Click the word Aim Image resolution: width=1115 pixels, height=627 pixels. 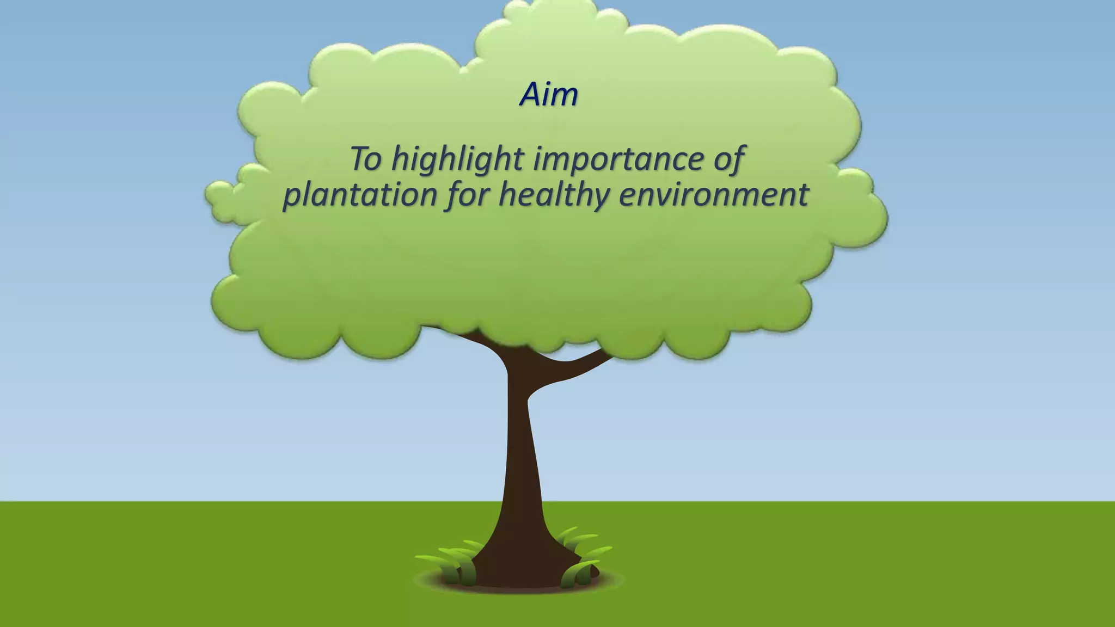click(549, 95)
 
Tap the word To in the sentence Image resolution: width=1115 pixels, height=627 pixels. click(365, 158)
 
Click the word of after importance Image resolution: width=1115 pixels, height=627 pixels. click(729, 158)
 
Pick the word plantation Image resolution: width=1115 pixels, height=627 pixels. click(359, 195)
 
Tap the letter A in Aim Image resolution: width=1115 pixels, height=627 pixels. click(530, 95)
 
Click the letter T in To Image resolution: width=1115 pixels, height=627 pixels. click(359, 158)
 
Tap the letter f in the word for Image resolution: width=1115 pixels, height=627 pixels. click(453, 195)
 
